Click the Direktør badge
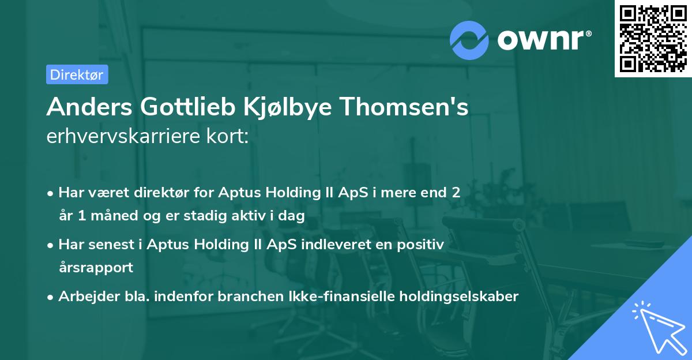pos(77,74)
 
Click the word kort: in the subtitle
pos(229,136)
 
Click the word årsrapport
pos(95,268)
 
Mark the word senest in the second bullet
pos(114,245)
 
